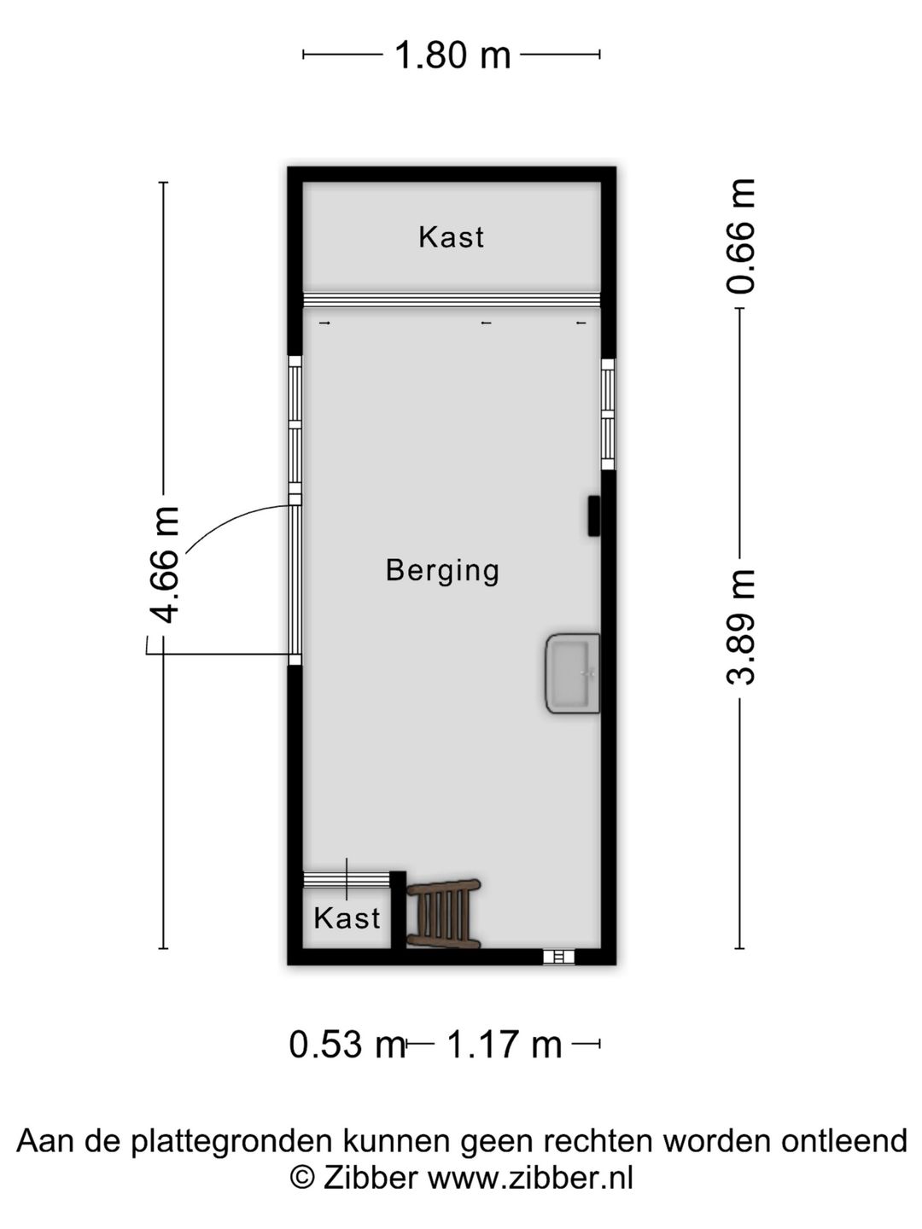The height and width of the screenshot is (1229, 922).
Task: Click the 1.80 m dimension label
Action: (452, 55)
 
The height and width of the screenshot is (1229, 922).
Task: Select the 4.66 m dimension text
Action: (163, 564)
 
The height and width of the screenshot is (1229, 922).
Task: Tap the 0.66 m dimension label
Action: (740, 236)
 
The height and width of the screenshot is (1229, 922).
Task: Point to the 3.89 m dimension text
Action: (740, 627)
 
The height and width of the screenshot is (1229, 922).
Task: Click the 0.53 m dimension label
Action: (346, 1044)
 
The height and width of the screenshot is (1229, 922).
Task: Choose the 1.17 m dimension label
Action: (505, 1044)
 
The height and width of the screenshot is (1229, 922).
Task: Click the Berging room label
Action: (442, 570)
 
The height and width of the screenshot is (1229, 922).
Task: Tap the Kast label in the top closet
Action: (451, 237)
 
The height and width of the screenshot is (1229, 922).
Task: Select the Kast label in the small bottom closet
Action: (347, 918)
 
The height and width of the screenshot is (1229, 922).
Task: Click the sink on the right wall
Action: (573, 673)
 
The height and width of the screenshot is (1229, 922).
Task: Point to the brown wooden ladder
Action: (443, 914)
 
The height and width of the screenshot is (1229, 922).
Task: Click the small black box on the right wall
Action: (593, 515)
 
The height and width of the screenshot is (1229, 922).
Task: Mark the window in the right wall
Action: (608, 415)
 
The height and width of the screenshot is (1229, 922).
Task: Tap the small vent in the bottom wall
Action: (559, 958)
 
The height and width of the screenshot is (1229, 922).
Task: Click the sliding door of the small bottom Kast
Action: (347, 879)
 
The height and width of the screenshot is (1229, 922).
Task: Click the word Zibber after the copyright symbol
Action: (370, 1179)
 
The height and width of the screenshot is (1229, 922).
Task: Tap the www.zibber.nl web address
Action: (530, 1179)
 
